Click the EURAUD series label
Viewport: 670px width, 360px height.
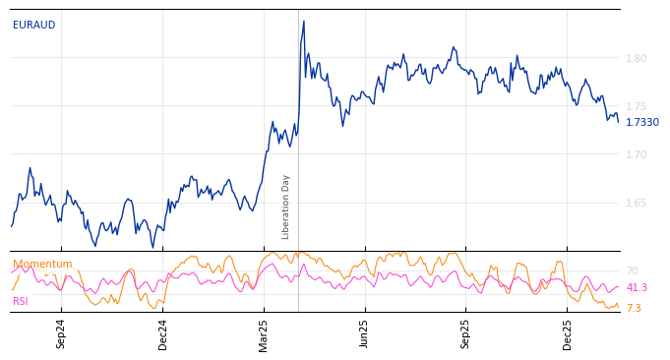pyautogui.click(x=33, y=26)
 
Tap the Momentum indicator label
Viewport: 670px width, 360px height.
pyautogui.click(x=42, y=265)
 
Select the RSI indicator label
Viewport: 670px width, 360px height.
pyautogui.click(x=21, y=301)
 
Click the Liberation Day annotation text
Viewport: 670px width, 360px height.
pyautogui.click(x=286, y=207)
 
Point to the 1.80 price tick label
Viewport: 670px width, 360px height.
pyautogui.click(x=637, y=59)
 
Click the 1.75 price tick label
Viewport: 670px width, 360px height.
pyautogui.click(x=637, y=107)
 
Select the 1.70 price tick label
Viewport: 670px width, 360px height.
pyautogui.click(x=637, y=155)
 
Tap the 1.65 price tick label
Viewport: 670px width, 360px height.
pyautogui.click(x=637, y=204)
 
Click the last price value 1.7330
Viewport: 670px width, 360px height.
pyautogui.click(x=642, y=123)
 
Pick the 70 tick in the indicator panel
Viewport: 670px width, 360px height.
pyautogui.click(x=632, y=270)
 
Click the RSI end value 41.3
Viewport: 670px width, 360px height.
pyautogui.click(x=637, y=288)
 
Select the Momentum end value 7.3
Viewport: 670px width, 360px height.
pyautogui.click(x=634, y=309)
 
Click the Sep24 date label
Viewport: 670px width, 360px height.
pyautogui.click(x=61, y=333)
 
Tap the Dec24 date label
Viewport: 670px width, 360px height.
pyautogui.click(x=163, y=333)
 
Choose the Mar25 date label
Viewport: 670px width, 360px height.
pyautogui.click(x=264, y=333)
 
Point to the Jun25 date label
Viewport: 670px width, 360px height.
pyautogui.click(x=365, y=333)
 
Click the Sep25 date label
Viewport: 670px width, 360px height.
pyautogui.click(x=466, y=333)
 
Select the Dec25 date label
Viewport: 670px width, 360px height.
pyautogui.click(x=568, y=333)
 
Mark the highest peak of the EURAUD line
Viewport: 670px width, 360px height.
pyautogui.click(x=304, y=21)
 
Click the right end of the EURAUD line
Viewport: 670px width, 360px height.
pyautogui.click(x=618, y=121)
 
